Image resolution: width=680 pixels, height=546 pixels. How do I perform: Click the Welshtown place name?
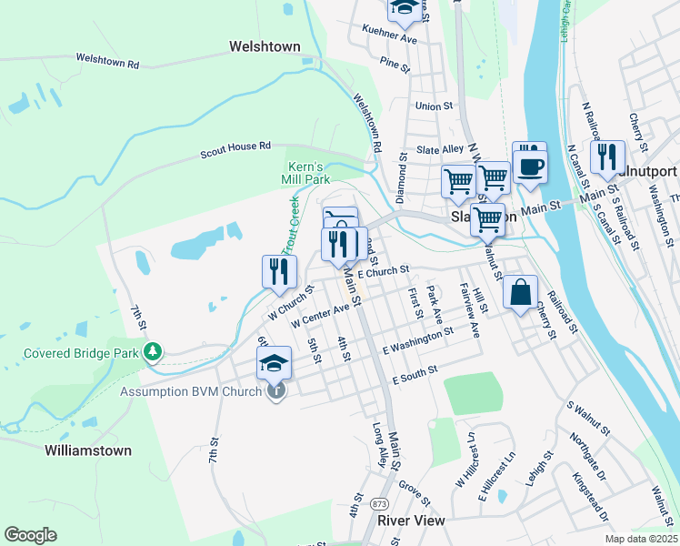265,45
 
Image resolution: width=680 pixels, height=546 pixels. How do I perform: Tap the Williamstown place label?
88,450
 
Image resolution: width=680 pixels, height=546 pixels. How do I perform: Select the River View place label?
411,521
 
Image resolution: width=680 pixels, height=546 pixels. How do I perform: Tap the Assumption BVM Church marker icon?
275,391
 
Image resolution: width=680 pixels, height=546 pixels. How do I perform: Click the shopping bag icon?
519,293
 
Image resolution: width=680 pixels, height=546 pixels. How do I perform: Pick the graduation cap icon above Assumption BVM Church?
274,363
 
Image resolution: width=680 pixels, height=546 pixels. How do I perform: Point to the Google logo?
30,534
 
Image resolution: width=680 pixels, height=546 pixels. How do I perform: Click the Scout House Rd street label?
235,150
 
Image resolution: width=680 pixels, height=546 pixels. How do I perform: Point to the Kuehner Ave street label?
389,41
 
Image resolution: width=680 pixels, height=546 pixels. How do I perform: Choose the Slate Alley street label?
440,149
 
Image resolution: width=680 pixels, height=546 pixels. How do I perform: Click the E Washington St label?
417,343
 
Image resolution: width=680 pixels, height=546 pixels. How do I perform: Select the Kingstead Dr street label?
590,495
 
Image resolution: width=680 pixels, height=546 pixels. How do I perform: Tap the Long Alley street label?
378,445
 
